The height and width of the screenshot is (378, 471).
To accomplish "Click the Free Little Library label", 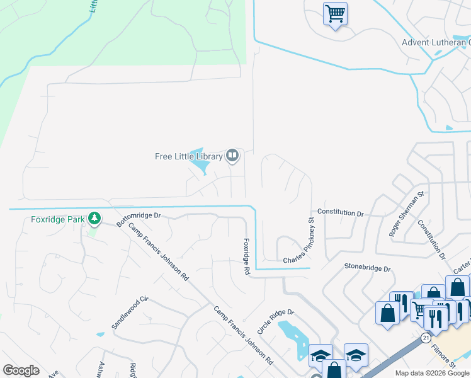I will (189, 156).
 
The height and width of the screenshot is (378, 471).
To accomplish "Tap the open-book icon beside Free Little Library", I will (232, 155).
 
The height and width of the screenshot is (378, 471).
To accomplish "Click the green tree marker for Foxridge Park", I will (94, 219).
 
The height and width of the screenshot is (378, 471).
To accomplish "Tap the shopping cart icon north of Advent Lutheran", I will (335, 13).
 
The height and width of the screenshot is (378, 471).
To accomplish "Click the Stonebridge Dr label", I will (368, 268).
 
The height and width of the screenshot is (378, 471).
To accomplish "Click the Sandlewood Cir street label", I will (130, 312).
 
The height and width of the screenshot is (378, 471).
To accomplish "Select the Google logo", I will (21, 370).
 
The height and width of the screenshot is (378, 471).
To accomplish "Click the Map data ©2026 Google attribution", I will (432, 373).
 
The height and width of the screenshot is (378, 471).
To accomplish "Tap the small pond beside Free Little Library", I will (201, 165).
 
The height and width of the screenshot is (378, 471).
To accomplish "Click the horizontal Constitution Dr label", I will (341, 213).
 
